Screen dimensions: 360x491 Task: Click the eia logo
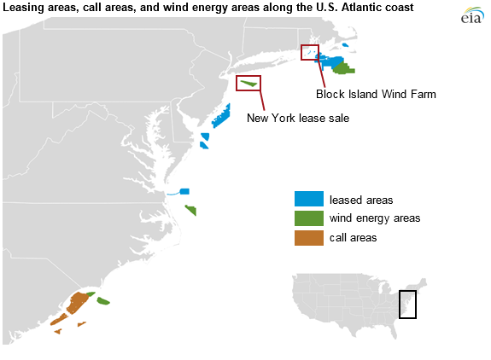click(470, 16)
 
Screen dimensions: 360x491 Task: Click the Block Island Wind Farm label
click(376, 95)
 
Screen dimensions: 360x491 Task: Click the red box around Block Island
click(310, 53)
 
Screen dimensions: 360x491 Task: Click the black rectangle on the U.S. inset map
click(407, 304)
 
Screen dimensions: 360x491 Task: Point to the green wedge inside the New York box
click(248, 84)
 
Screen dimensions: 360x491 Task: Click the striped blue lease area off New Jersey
click(221, 114)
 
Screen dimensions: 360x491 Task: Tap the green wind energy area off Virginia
click(190, 210)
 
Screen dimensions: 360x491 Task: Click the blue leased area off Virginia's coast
click(184, 191)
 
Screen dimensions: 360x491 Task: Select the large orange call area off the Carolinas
click(75, 303)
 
